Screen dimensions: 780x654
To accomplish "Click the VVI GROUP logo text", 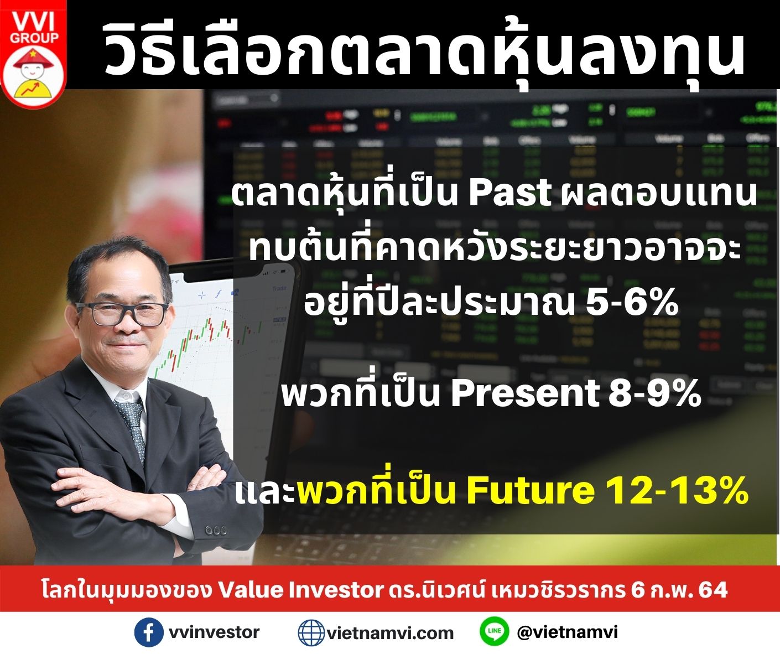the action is [34, 29].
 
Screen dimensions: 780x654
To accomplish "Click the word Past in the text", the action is [510, 193].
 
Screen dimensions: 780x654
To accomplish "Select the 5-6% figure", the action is [632, 303].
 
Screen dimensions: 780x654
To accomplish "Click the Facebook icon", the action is [148, 632].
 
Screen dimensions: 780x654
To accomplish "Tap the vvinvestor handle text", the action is [214, 632].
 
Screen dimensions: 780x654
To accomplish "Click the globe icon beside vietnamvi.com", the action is [311, 632].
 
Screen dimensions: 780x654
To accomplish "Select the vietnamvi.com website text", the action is [390, 633].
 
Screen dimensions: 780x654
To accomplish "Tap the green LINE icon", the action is [494, 631].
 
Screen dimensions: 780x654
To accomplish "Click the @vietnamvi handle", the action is [567, 632].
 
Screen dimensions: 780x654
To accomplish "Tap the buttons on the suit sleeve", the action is [216, 530].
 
